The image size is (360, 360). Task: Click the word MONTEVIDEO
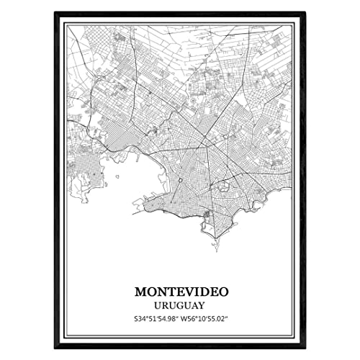coord(179,292)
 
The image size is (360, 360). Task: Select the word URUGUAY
coord(179,305)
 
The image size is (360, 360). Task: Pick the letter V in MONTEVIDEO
coord(185,292)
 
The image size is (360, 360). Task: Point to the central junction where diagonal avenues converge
coord(204,135)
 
